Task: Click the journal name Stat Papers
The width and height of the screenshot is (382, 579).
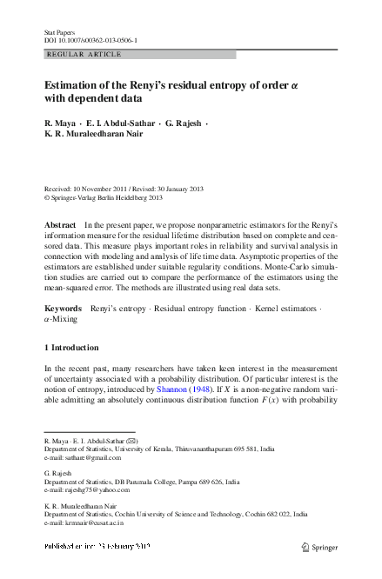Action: click(x=58, y=31)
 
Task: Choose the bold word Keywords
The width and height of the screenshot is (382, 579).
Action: click(x=64, y=309)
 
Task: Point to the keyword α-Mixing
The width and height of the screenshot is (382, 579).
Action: click(x=60, y=320)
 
